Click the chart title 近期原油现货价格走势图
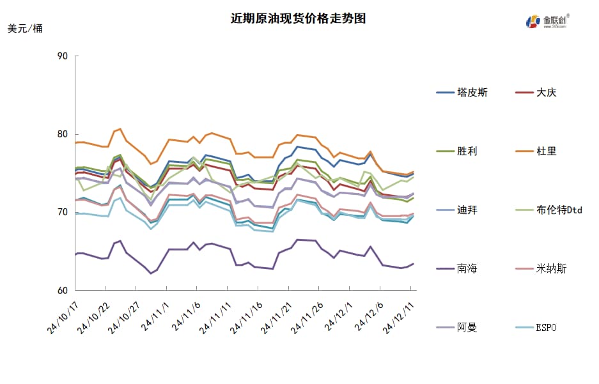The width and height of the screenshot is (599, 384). click(299, 18)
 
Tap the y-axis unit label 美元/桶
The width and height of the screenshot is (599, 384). click(26, 29)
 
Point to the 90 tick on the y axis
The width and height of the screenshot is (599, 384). click(62, 56)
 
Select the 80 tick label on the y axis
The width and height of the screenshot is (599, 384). click(62, 134)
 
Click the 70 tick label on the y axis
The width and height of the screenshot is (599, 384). click(62, 212)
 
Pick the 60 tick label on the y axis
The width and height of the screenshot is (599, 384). click(62, 291)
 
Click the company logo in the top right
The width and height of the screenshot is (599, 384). click(547, 21)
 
